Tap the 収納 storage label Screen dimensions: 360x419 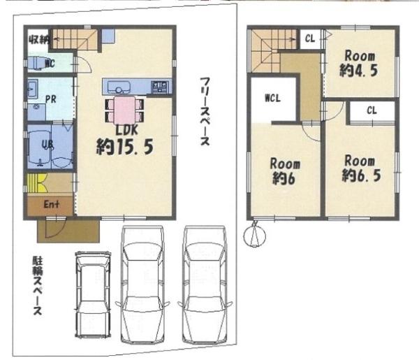[x=39, y=38]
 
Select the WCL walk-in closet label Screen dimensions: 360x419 [x=272, y=98]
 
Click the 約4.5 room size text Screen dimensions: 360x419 [x=359, y=69]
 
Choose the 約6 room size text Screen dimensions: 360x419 [x=285, y=179]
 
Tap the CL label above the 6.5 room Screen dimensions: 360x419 [x=371, y=110]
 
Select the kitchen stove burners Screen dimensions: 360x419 [x=160, y=87]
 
